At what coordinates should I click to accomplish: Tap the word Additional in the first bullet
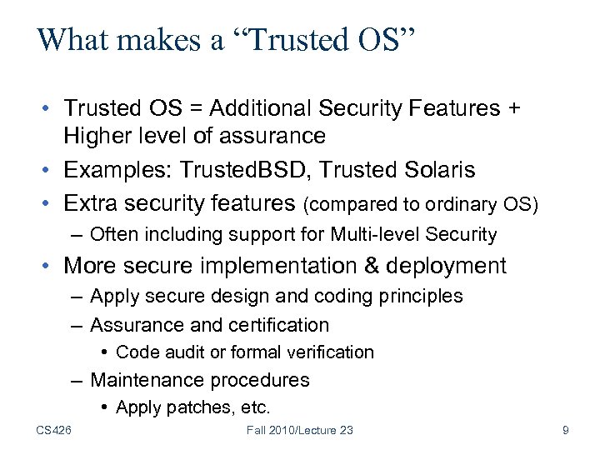coord(257,108)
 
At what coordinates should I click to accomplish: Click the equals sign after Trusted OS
coord(197,108)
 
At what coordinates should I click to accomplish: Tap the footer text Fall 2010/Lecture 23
coord(300,430)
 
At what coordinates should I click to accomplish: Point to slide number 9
coord(566,430)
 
